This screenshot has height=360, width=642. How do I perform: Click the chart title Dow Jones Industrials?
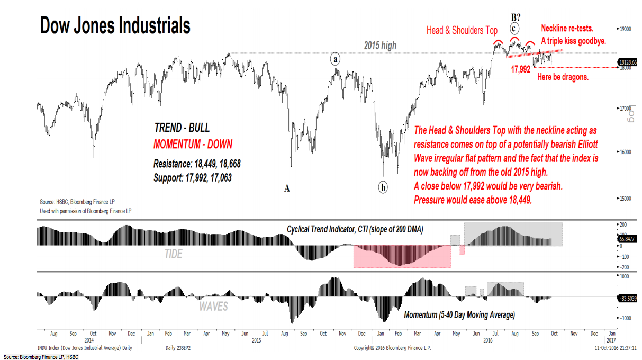115,25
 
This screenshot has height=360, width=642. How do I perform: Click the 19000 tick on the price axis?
626,30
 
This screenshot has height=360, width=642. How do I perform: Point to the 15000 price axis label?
626,199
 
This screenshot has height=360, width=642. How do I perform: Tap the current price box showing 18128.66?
628,63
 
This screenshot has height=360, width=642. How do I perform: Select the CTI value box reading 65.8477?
628,239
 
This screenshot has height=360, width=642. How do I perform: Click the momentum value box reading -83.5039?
628,299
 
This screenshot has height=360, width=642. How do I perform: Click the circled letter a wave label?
336,59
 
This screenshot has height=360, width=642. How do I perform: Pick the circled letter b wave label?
383,187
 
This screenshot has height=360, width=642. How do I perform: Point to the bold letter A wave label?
287,187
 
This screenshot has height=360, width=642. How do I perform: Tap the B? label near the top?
514,16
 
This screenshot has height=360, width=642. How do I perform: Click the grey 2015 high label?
379,46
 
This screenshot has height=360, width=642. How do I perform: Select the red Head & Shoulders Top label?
462,31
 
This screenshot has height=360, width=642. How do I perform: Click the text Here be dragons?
563,77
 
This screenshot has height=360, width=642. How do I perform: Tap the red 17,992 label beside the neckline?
520,69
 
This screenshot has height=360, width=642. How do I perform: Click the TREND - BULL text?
182,128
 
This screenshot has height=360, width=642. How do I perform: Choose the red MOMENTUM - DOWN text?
193,144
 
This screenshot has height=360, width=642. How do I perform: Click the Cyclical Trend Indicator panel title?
355,229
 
